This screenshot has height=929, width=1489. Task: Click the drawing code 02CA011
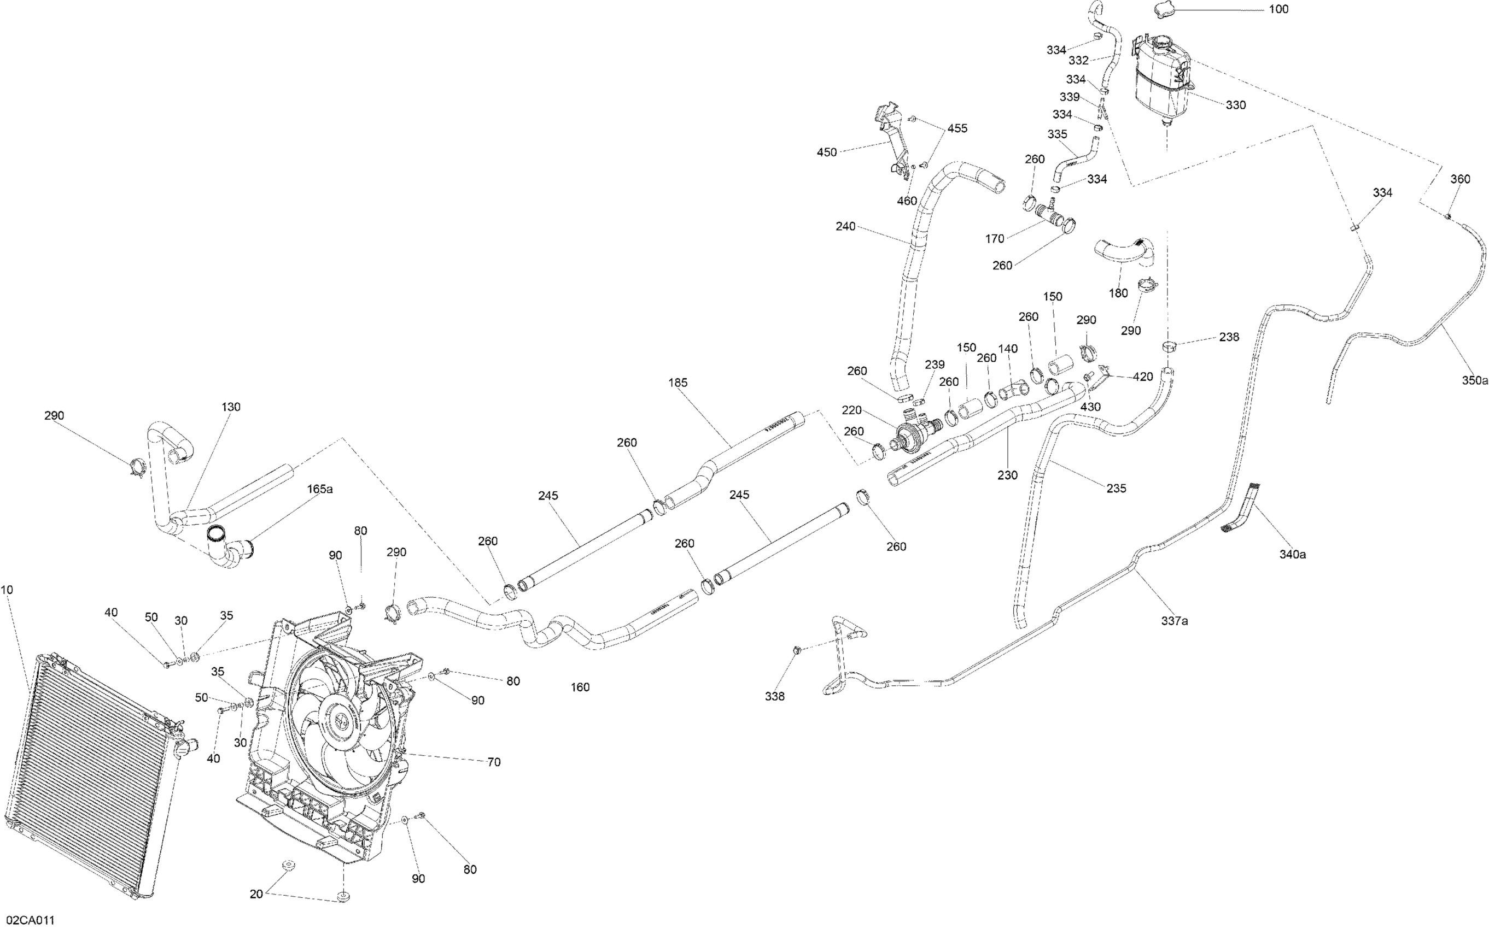click(x=28, y=920)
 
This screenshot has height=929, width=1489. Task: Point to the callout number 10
click(x=7, y=590)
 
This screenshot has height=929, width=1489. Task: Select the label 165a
click(x=320, y=489)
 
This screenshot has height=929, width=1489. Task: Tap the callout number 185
click(x=678, y=382)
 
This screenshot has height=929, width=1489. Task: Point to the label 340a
click(x=1293, y=554)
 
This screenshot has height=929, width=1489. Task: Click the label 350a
click(x=1475, y=380)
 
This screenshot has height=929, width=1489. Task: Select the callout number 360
click(x=1460, y=179)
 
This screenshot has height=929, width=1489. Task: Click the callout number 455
click(x=957, y=128)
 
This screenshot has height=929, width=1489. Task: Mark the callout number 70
click(x=494, y=762)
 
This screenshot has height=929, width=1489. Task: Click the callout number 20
click(x=256, y=895)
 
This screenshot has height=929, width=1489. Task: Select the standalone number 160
click(x=580, y=687)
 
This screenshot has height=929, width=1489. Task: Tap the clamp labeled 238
click(x=1169, y=346)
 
